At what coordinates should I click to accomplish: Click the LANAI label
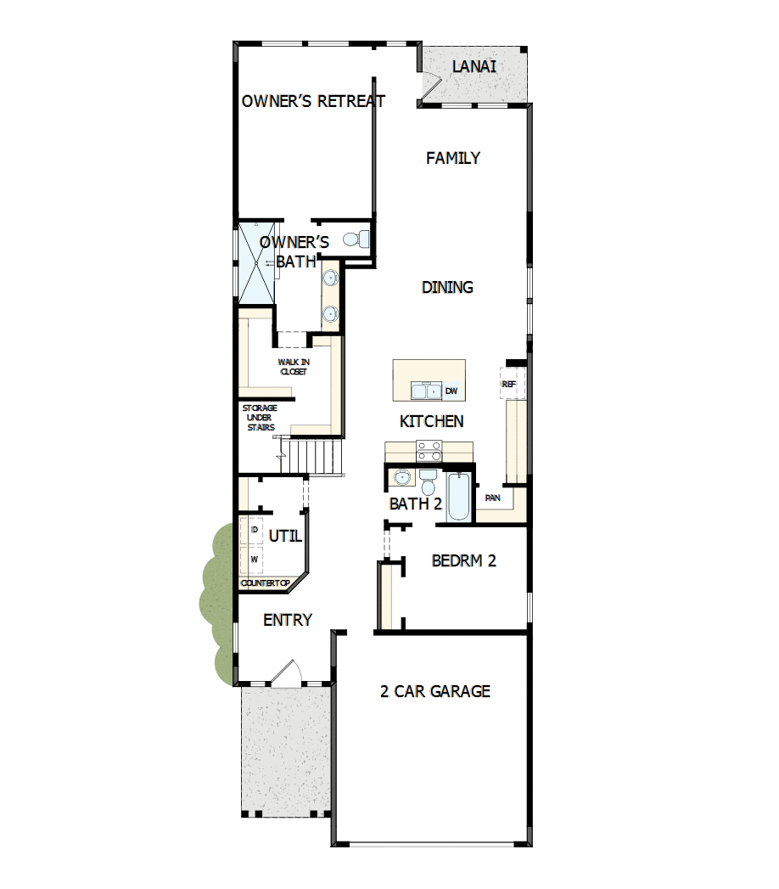point(474,66)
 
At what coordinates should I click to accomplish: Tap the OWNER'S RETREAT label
point(313,101)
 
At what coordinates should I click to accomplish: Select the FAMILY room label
point(453,158)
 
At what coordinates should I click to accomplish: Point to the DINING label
point(447,288)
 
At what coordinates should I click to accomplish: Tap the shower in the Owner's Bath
point(256,262)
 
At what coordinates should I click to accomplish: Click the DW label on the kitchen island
point(451,391)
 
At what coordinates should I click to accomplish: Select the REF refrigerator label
point(509,385)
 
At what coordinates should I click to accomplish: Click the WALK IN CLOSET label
point(294,367)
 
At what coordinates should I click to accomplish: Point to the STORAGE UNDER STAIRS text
point(260,418)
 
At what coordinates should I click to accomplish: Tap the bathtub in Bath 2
point(458,497)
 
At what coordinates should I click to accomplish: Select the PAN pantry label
point(492,497)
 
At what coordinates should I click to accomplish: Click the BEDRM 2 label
point(463,561)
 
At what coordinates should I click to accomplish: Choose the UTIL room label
point(285,537)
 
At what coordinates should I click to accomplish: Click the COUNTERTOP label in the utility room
point(266,583)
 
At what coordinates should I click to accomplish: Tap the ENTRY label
point(288,621)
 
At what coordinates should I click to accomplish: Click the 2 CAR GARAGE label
point(434,691)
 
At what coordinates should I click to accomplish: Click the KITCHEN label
point(431,421)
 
